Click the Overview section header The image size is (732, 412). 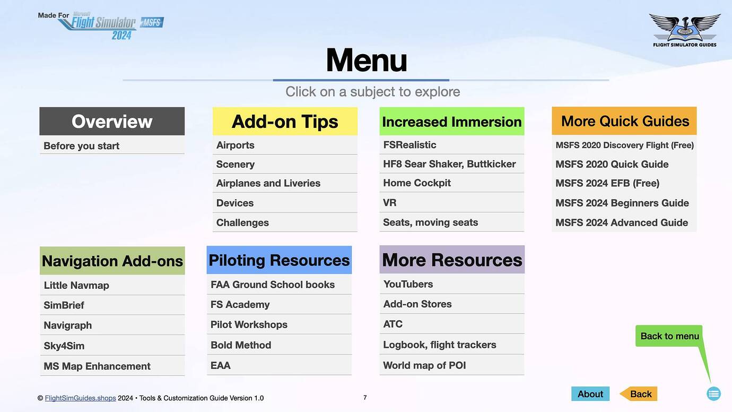tap(112, 122)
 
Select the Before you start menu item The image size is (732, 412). tap(82, 146)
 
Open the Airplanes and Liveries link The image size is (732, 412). tap(268, 183)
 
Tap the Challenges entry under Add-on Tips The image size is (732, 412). tap(242, 222)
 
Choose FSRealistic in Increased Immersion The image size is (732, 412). tap(409, 144)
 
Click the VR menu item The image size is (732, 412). tap(390, 203)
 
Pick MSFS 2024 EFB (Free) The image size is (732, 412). tap(607, 183)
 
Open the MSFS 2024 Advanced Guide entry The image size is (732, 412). tap(622, 222)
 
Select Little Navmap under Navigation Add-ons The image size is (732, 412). tap(76, 285)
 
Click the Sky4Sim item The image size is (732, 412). tap(64, 346)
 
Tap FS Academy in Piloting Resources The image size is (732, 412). tap(240, 304)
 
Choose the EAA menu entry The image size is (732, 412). tap(221, 365)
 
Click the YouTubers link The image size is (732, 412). tap(408, 284)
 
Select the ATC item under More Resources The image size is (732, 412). tap(393, 324)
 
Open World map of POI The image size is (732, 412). tap(424, 365)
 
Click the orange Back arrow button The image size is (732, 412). tap(639, 394)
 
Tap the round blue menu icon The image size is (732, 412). tap(713, 393)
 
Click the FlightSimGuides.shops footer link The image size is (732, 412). tap(80, 398)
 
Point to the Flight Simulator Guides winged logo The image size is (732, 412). tap(684, 29)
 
